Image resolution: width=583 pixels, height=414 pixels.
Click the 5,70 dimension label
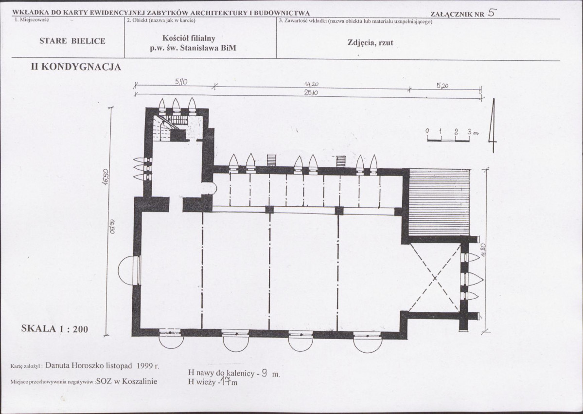tap(181, 82)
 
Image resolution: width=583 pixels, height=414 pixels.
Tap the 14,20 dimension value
tap(311, 85)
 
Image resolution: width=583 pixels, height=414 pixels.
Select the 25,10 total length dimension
tap(311, 93)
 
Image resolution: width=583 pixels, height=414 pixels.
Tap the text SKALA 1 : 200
tap(54, 328)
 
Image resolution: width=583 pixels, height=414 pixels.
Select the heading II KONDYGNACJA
tap(76, 67)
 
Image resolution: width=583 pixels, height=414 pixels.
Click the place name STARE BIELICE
tap(72, 41)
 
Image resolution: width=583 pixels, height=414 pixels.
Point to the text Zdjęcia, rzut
tap(370, 43)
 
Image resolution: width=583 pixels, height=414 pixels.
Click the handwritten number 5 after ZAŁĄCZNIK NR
tap(491, 13)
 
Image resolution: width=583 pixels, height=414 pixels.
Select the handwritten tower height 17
tap(225, 380)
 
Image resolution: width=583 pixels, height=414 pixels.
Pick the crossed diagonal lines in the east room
tap(435, 277)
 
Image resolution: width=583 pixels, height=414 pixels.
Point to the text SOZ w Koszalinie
tap(126, 381)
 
